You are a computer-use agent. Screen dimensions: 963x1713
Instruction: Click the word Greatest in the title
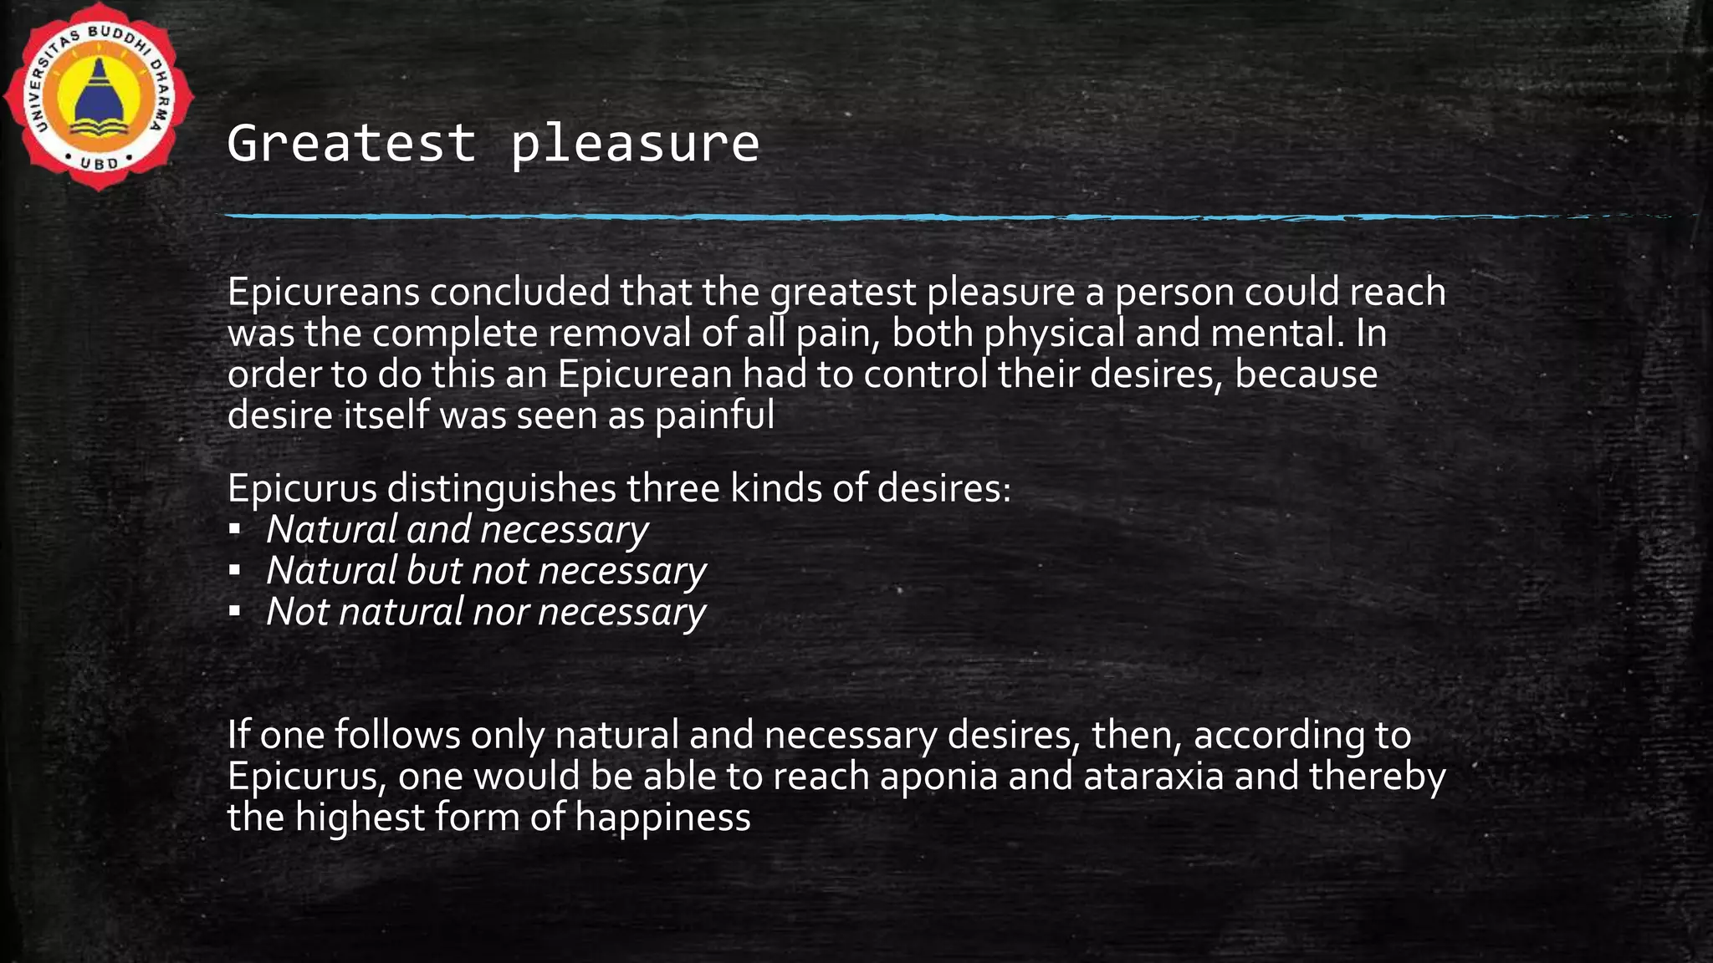tap(351, 143)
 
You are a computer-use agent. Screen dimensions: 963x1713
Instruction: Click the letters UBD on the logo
tap(100, 163)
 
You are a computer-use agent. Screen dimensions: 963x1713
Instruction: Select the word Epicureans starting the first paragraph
tap(324, 293)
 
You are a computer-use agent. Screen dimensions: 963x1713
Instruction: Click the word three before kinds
tap(674, 488)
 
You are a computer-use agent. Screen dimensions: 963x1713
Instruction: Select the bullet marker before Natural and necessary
tap(235, 530)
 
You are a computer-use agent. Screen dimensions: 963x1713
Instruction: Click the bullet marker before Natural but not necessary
tap(235, 571)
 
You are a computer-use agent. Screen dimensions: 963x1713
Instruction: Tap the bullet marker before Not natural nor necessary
tap(235, 612)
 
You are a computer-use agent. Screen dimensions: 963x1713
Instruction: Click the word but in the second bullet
tap(434, 571)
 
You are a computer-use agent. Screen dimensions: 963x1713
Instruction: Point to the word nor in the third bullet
tap(500, 613)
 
